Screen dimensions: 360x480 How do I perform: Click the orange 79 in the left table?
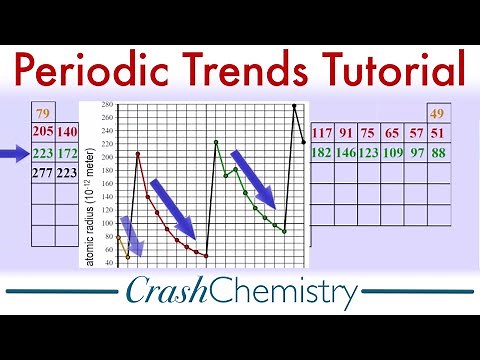[43, 112]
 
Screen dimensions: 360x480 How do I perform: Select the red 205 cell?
[43, 132]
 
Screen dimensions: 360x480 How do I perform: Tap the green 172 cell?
[68, 154]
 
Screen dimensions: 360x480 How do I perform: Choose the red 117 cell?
[322, 132]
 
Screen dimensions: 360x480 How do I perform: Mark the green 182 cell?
[322, 153]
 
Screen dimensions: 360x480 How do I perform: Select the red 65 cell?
[392, 132]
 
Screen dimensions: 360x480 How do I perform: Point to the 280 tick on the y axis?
[108, 105]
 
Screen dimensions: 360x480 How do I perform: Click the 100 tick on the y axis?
[108, 223]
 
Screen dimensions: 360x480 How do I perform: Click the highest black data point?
[294, 105]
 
